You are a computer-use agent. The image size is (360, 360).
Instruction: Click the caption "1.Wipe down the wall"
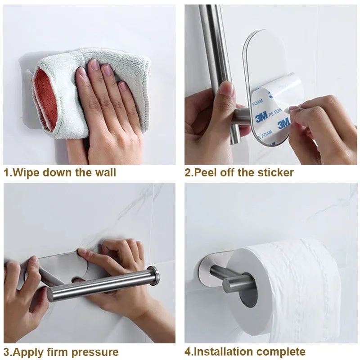tap(60, 172)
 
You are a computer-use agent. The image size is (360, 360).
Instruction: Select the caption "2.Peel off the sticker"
tap(239, 172)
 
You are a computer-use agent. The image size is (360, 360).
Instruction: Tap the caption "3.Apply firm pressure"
tap(61, 351)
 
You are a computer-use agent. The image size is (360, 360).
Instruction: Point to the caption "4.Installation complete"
tap(245, 351)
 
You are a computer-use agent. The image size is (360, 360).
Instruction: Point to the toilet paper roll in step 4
tap(288, 288)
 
